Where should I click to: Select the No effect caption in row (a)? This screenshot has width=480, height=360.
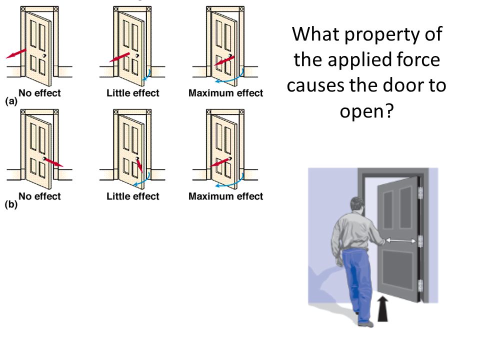(x=40, y=92)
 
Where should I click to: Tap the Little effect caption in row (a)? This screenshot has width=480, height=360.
(x=133, y=93)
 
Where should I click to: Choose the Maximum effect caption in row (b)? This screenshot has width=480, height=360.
(x=225, y=196)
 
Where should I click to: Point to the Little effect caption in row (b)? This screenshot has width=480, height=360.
(x=133, y=196)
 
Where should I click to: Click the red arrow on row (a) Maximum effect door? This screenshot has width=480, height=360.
(x=223, y=61)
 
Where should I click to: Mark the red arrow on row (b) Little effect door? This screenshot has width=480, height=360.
(x=139, y=165)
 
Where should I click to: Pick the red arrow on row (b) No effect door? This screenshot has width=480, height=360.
(x=53, y=162)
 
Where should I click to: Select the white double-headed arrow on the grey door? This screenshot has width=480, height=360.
(x=400, y=241)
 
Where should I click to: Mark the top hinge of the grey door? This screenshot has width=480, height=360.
(x=420, y=191)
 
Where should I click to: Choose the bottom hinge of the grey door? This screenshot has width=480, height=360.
(x=420, y=286)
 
